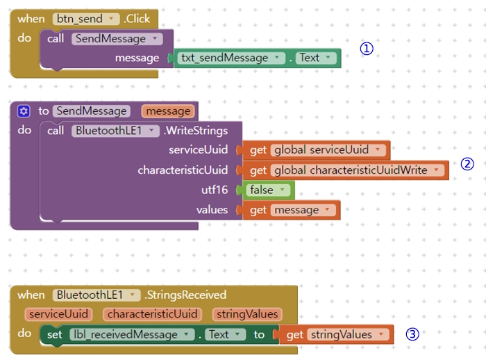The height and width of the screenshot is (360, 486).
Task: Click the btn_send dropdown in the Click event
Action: tap(86, 19)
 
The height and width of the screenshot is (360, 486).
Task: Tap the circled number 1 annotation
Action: tap(367, 49)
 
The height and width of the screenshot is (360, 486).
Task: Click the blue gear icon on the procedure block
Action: tap(24, 111)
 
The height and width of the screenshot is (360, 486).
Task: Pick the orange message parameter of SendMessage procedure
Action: tap(167, 111)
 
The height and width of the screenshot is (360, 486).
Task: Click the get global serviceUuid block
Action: tap(316, 150)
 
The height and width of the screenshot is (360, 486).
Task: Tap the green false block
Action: tap(265, 190)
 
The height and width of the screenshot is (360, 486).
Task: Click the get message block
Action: tap(292, 210)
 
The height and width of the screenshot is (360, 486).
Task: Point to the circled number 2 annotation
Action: tap(467, 164)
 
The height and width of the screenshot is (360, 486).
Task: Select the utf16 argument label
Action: tap(215, 190)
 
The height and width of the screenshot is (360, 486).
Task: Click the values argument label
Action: tap(212, 210)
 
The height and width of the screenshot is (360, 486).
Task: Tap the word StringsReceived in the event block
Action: tap(186, 295)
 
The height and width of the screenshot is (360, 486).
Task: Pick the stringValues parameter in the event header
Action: tap(246, 314)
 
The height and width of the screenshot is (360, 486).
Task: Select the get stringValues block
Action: tap(337, 334)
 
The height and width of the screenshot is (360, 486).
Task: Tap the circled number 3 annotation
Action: tap(412, 334)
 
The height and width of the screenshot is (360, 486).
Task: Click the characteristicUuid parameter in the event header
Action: tap(153, 314)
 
